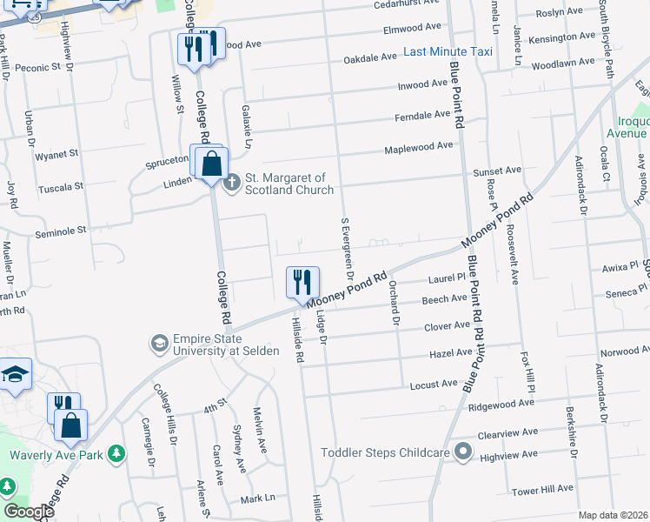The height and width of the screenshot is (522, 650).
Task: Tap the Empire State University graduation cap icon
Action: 159,344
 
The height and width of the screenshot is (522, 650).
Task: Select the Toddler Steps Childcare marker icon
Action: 463,452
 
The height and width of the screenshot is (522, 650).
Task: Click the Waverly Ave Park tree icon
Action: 117,454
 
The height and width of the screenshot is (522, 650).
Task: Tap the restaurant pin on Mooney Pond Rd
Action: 302,284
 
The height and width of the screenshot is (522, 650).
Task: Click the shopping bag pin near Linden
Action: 211,164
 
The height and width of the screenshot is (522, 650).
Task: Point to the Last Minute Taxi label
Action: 448,52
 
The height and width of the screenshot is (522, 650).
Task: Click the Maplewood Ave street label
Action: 419,146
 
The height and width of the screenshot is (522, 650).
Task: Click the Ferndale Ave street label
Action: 422,116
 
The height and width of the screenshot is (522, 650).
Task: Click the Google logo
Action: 29,512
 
